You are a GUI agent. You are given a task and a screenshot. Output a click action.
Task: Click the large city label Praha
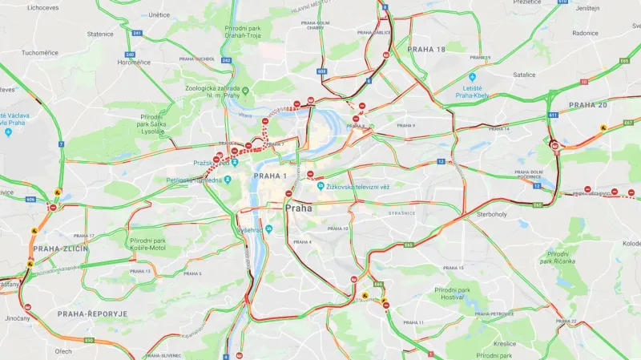click(x=298, y=208)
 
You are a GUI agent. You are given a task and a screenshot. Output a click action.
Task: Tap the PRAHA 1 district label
click(x=270, y=176)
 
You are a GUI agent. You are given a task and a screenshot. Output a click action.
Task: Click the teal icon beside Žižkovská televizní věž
click(x=320, y=186)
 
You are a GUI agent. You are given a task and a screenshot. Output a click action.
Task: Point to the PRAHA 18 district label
click(x=425, y=50)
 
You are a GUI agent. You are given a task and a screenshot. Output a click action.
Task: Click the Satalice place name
click(x=525, y=74)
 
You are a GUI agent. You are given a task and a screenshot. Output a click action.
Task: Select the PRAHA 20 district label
click(x=588, y=105)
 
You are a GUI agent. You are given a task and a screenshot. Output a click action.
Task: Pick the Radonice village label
click(x=585, y=34)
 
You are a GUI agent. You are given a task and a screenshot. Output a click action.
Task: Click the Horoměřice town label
click(x=135, y=62)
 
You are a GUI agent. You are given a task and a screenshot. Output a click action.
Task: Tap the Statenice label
click(x=100, y=34)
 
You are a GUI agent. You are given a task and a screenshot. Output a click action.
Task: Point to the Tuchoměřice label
click(x=39, y=52)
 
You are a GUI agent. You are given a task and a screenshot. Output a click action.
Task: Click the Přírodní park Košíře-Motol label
click(x=148, y=244)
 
